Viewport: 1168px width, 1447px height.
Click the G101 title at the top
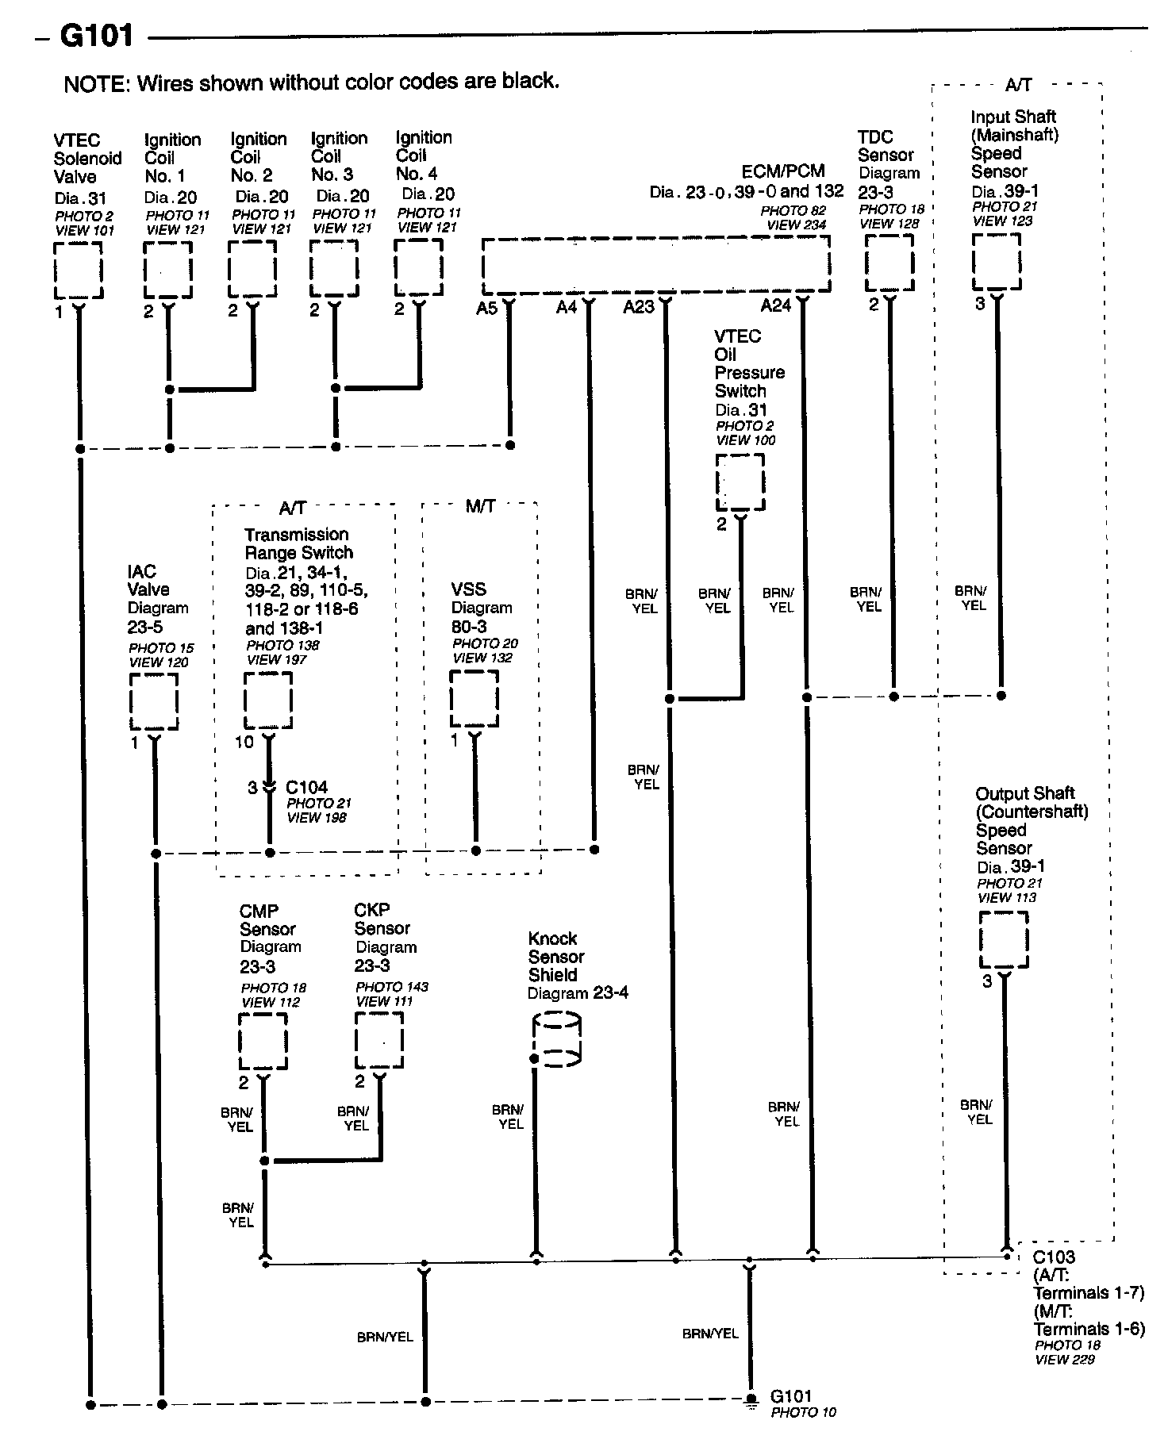96,36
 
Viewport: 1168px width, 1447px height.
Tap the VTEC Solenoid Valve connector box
78,270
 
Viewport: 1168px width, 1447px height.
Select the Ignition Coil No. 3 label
339,156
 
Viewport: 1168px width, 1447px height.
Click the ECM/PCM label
783,171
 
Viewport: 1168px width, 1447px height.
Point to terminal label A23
639,307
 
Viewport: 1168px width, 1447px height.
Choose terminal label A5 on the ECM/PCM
486,308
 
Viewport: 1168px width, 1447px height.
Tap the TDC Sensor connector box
889,263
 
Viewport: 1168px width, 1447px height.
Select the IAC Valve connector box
154,701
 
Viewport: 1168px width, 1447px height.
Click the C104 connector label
306,787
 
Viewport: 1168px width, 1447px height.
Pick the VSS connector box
474,698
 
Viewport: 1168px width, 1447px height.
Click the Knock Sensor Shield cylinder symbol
557,1040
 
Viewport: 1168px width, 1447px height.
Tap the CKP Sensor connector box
379,1040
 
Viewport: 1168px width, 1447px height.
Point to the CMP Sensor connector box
263,1042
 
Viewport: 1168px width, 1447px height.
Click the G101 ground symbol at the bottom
749,1399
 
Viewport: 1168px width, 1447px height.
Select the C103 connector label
1054,1257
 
